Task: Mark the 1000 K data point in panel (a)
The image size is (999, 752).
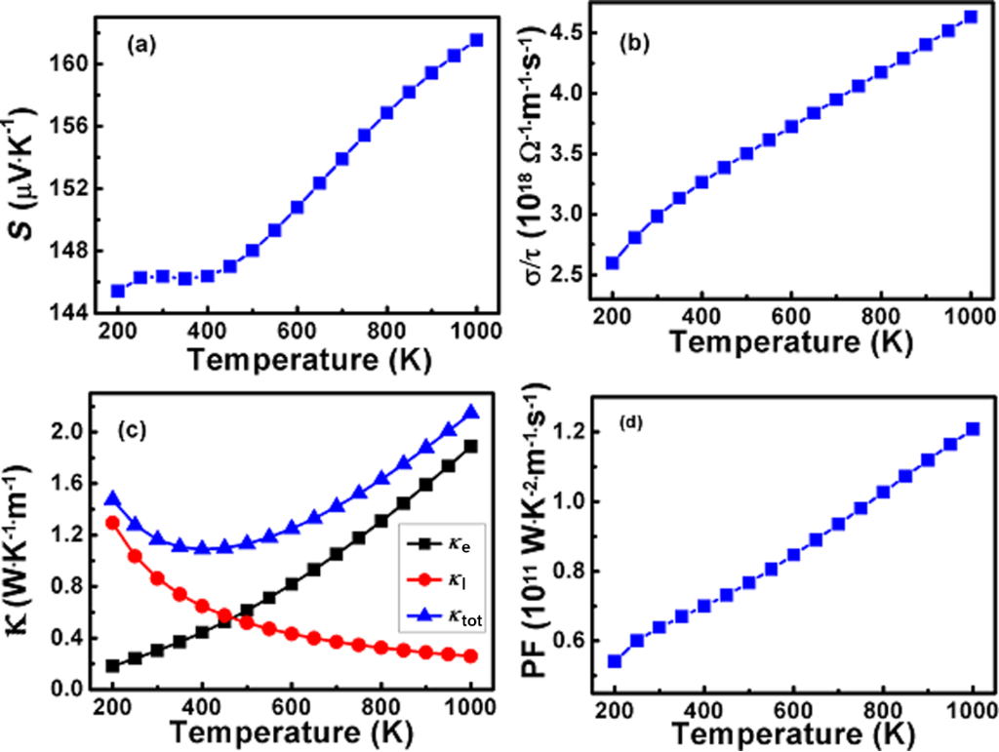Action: coord(476,40)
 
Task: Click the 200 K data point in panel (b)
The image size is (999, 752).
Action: coord(613,262)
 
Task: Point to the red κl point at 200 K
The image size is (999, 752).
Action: coord(113,522)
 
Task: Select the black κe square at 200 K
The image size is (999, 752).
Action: coord(113,666)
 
